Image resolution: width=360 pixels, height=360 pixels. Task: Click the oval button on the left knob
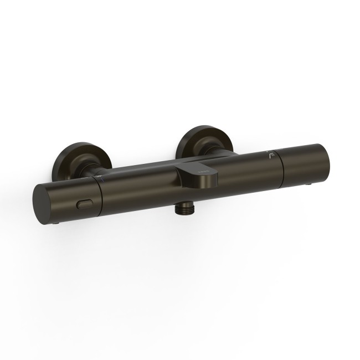pos(85,204)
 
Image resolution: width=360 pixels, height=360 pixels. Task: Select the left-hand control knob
pos(72,199)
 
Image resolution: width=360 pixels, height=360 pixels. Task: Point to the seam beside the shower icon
pos(280,166)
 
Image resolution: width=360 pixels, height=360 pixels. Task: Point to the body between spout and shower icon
pos(244,172)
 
